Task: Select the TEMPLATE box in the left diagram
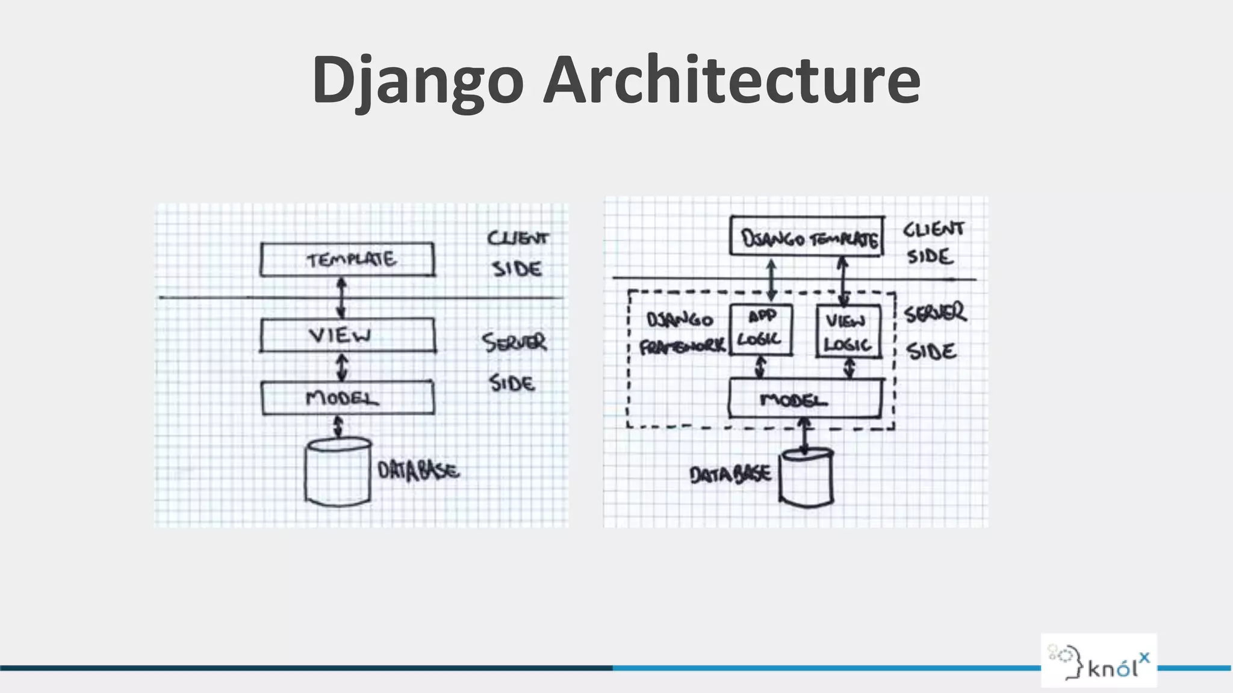347,259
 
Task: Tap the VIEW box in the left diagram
347,335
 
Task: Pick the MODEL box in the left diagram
347,398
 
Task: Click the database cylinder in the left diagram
338,472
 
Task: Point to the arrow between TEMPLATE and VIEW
341,297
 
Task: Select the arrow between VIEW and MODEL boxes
342,366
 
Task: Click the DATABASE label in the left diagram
418,470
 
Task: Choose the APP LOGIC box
760,329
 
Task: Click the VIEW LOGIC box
848,331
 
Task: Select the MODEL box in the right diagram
805,399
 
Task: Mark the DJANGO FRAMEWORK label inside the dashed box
682,333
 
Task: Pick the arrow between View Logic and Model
849,368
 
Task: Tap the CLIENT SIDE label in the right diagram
933,242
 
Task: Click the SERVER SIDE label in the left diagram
514,362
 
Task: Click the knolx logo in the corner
1099,661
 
